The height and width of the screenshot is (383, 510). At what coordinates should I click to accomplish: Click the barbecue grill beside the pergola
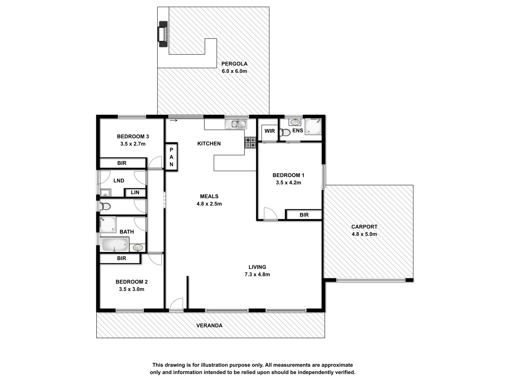click(x=163, y=34)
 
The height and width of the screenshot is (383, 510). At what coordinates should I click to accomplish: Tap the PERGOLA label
click(x=234, y=64)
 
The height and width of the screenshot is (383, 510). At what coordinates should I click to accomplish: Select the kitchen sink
click(x=236, y=124)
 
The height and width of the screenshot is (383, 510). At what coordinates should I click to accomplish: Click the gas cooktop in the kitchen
click(x=250, y=143)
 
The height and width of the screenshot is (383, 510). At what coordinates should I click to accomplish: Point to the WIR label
click(x=270, y=131)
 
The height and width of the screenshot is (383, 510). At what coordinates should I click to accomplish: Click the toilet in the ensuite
click(x=285, y=132)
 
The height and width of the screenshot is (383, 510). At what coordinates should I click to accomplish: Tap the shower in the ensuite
click(x=313, y=126)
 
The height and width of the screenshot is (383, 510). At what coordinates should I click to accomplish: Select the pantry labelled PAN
click(x=171, y=157)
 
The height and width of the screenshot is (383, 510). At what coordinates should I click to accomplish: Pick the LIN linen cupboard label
click(x=135, y=192)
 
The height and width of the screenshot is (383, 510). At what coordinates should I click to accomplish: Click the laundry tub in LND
click(x=106, y=193)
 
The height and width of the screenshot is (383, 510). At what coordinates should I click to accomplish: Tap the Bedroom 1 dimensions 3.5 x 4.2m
click(x=288, y=183)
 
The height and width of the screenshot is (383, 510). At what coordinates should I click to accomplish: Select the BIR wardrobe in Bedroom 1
click(x=304, y=214)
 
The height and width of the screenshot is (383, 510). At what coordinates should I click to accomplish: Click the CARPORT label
click(x=364, y=227)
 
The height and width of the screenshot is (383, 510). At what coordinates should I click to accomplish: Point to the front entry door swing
click(x=176, y=304)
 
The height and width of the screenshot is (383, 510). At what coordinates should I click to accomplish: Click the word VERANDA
click(x=209, y=326)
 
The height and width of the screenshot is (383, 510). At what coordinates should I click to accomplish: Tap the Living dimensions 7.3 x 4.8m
click(x=257, y=274)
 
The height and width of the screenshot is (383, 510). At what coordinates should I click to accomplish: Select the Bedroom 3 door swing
click(x=155, y=162)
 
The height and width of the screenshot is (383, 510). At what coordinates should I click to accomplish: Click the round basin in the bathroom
click(x=138, y=248)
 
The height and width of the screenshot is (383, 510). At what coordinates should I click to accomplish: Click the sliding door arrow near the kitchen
click(x=174, y=120)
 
